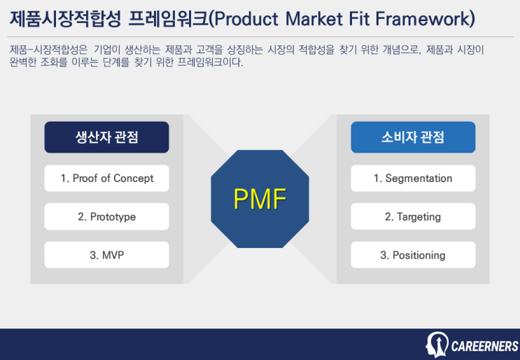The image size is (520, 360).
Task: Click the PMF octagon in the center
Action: (x=260, y=199)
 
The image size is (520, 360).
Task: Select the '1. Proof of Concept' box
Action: (x=106, y=178)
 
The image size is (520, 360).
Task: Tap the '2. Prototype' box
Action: (x=106, y=216)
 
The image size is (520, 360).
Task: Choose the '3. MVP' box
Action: (x=106, y=255)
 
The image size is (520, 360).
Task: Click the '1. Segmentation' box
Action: (x=413, y=178)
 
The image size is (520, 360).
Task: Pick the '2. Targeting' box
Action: (x=413, y=216)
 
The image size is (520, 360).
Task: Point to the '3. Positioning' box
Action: (x=413, y=255)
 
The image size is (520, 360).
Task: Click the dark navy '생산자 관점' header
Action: (x=106, y=137)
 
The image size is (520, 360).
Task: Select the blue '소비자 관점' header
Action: (x=413, y=137)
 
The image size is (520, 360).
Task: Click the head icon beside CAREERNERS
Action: (x=437, y=345)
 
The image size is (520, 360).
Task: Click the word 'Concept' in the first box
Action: (x=134, y=178)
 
